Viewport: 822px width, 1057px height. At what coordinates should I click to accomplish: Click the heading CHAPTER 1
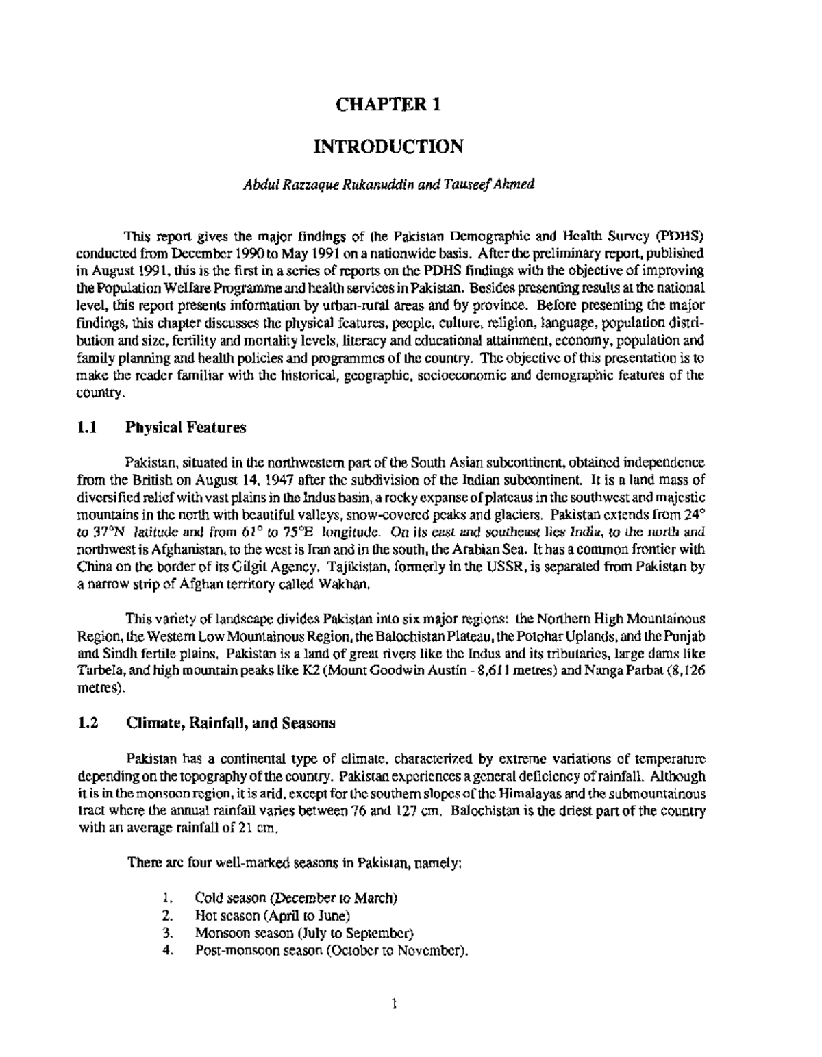388,104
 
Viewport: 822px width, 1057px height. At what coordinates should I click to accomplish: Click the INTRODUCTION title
388,147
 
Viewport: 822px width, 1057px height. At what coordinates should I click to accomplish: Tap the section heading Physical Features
185,428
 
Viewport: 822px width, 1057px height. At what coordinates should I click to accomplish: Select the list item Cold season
296,897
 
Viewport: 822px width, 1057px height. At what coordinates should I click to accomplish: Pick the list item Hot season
273,915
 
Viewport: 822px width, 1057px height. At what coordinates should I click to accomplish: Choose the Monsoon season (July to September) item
304,932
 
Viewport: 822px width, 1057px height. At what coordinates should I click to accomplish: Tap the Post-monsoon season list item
332,950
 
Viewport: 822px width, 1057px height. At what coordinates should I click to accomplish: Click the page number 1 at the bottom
394,1005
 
